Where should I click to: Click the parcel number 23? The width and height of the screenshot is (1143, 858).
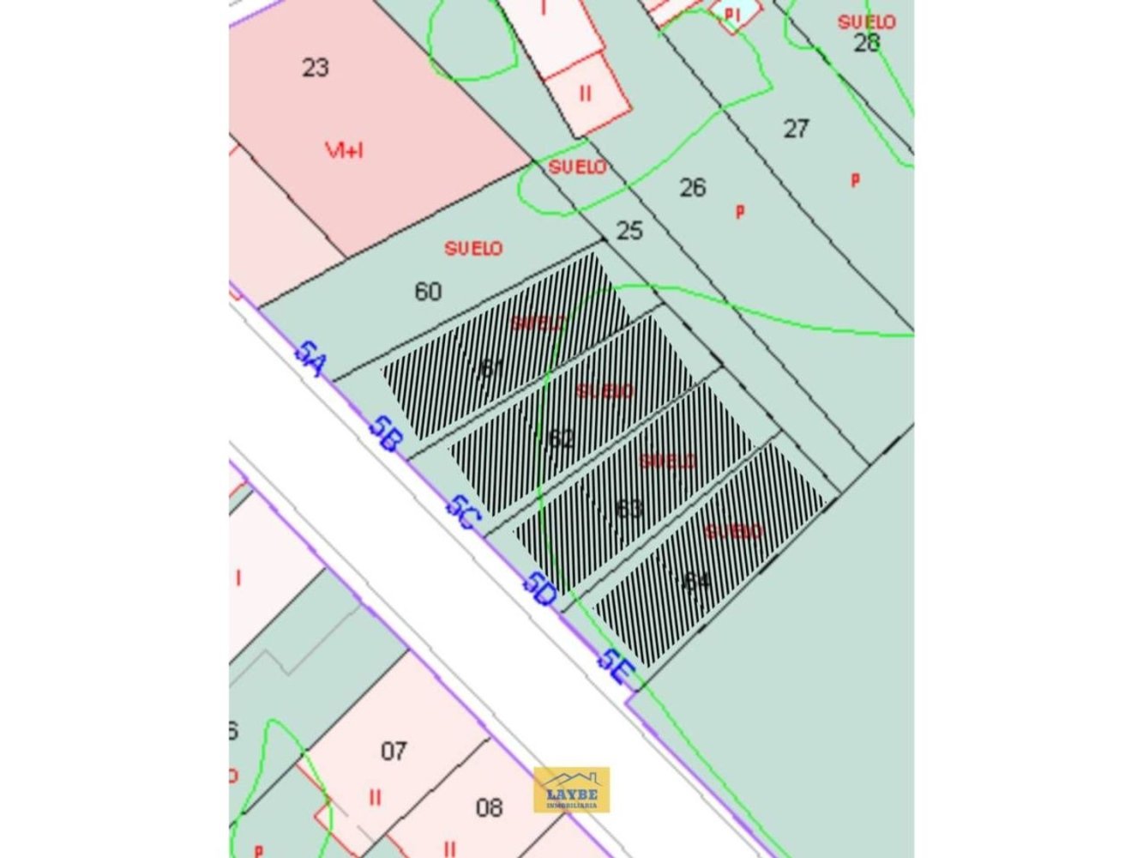point(316,67)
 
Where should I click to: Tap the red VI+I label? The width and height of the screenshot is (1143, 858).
point(344,150)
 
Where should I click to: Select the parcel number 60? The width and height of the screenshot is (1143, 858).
point(428,292)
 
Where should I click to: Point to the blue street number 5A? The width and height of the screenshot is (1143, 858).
point(310,359)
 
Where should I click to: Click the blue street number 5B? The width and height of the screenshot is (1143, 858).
point(385,434)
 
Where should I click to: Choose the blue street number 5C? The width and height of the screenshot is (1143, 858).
point(463,512)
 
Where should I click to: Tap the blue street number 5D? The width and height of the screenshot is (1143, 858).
point(540,589)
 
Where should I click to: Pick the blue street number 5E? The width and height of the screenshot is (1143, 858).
point(615,665)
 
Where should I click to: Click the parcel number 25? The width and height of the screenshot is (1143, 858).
point(629,230)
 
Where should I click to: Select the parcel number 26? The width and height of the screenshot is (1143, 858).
point(693,187)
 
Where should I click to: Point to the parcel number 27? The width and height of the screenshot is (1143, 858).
point(796,129)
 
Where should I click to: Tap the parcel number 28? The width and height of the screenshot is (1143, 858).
point(866,42)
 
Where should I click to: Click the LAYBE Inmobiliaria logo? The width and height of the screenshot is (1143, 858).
point(572,789)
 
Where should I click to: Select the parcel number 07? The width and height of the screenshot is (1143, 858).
point(394,752)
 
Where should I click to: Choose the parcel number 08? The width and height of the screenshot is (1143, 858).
point(490,807)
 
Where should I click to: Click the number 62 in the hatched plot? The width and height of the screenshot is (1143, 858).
point(561,438)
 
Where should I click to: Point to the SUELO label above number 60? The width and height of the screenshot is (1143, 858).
point(473,249)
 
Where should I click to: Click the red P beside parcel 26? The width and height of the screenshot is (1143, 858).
point(740,211)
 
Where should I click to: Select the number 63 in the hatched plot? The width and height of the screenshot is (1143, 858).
point(629,508)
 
